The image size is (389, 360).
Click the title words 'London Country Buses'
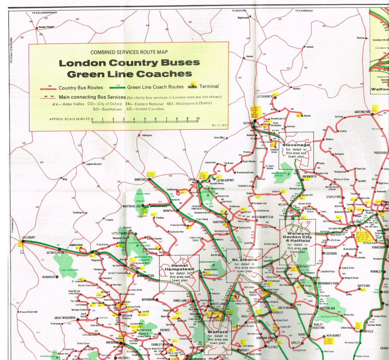tap(129, 63)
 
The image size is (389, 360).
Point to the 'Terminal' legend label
tap(209, 86)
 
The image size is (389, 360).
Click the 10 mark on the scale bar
tap(197, 119)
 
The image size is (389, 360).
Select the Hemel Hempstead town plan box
tap(179, 273)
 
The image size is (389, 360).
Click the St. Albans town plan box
tap(244, 265)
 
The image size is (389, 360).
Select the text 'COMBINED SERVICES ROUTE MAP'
tap(129, 52)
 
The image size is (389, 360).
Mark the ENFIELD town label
tap(369, 331)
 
